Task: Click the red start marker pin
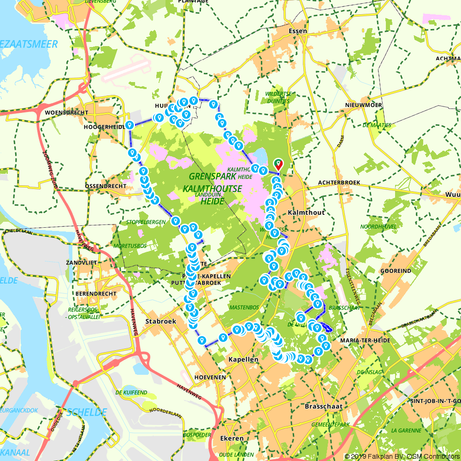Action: tap(278, 164)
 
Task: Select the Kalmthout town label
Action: tap(306, 213)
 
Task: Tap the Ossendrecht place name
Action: tap(106, 186)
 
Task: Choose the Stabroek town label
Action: tap(160, 321)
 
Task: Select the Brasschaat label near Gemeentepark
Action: tap(324, 407)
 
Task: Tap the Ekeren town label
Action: tap(232, 438)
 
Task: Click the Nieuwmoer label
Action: tap(363, 105)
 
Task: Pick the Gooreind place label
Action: tap(396, 271)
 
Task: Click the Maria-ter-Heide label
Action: tap(365, 340)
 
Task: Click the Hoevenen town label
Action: tap(210, 377)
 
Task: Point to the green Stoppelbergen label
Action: tap(146, 222)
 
